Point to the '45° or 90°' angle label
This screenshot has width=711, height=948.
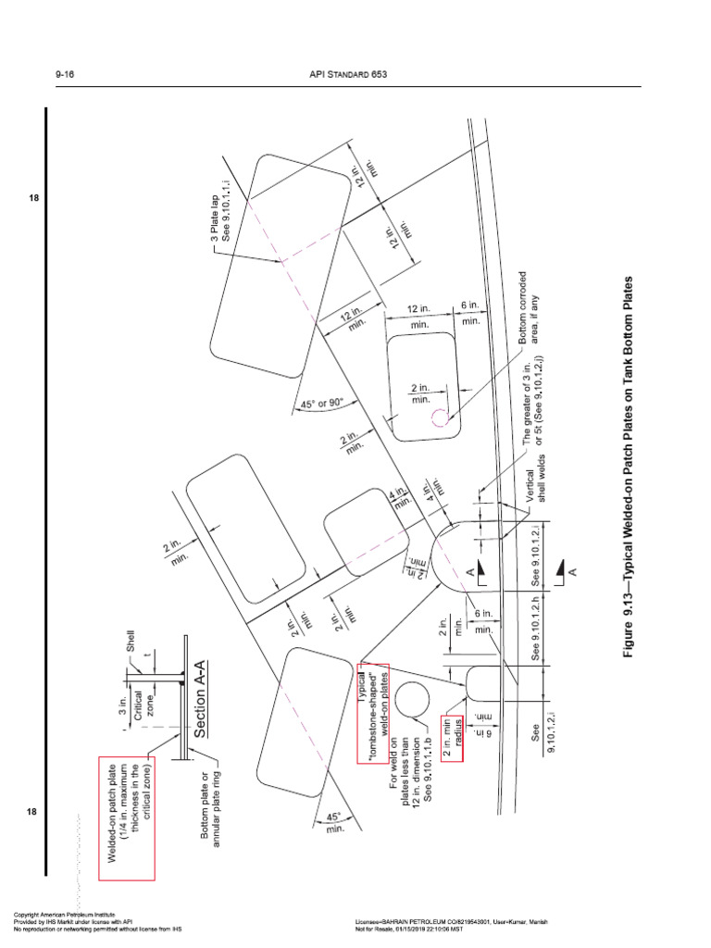point(322,404)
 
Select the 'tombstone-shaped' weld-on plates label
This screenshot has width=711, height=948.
point(374,713)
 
